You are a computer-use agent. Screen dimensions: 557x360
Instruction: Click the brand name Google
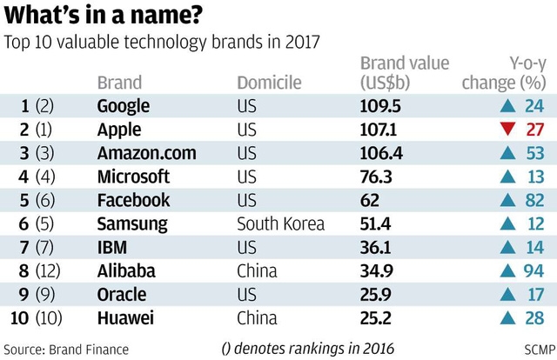[x=124, y=106]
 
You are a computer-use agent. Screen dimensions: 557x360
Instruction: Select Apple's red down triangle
[x=507, y=129]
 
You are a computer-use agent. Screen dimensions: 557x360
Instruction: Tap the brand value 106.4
[x=381, y=153]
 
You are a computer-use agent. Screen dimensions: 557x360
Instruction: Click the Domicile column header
[x=269, y=83]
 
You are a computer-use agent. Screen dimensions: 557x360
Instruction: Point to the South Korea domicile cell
[x=280, y=223]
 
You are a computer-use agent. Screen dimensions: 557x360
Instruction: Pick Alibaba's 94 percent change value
[x=534, y=271]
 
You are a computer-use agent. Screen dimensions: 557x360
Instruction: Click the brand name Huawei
[x=125, y=317]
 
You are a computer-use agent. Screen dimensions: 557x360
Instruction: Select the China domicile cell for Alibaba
[x=257, y=271]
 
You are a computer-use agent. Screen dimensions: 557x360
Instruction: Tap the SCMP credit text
[x=540, y=350]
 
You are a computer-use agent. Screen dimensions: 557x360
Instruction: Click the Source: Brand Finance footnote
[x=66, y=350]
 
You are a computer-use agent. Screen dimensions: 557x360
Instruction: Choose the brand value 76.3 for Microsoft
[x=376, y=177]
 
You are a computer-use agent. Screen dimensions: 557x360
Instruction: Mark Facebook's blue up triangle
[x=507, y=200]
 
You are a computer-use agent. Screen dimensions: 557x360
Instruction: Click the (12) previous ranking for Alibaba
[x=48, y=271]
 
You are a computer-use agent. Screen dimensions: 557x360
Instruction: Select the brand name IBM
[x=112, y=248]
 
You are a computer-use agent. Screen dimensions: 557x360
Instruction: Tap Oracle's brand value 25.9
[x=375, y=294]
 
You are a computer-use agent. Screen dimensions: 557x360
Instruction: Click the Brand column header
[x=119, y=83]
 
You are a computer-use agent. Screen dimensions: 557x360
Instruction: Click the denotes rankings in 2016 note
[x=307, y=349]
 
